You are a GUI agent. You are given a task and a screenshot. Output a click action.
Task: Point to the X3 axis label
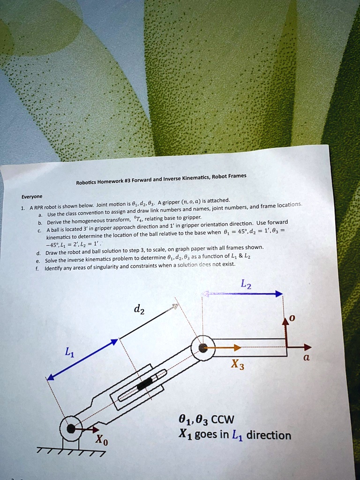[237, 365]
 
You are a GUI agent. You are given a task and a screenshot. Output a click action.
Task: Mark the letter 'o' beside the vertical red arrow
[292, 319]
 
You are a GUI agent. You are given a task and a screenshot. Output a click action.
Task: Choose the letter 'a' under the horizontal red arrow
[307, 357]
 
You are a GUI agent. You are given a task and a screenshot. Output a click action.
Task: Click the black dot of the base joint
[71, 428]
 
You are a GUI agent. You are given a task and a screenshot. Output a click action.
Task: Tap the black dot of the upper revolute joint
[203, 347]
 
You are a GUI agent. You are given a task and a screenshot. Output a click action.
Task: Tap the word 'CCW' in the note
[220, 419]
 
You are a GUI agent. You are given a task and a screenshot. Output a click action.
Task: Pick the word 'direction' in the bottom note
[269, 435]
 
